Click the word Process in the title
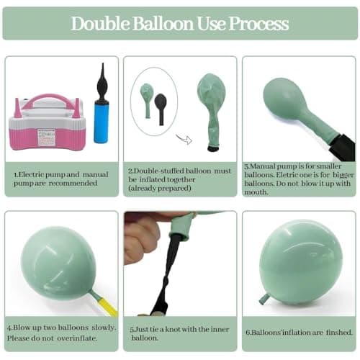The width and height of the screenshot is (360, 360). click(x=258, y=24)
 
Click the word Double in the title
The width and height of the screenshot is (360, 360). click(x=100, y=24)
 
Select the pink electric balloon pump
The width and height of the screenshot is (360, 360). click(x=46, y=123)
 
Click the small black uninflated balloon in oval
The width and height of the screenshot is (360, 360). click(x=161, y=109)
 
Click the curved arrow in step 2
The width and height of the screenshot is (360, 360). click(x=184, y=139)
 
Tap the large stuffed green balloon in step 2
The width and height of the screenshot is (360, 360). click(x=212, y=111)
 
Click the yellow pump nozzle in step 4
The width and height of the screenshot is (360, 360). click(x=107, y=305)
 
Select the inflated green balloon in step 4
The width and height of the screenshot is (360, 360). click(x=58, y=263)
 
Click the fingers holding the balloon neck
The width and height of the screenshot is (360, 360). click(x=142, y=240)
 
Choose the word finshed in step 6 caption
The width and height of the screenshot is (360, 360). click(x=339, y=333)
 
